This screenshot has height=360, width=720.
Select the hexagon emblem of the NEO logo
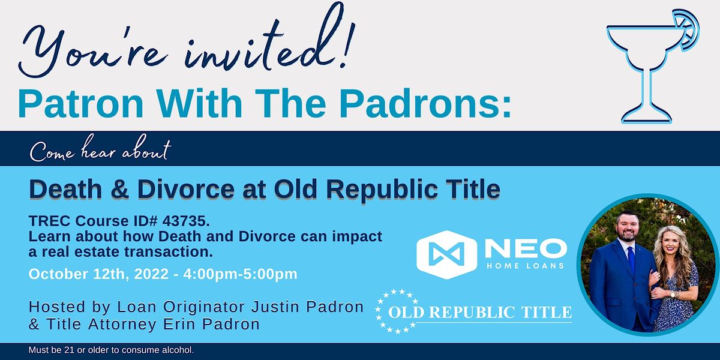pyautogui.click(x=446, y=252)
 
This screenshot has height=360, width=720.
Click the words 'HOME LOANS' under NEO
pyautogui.click(x=525, y=265)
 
